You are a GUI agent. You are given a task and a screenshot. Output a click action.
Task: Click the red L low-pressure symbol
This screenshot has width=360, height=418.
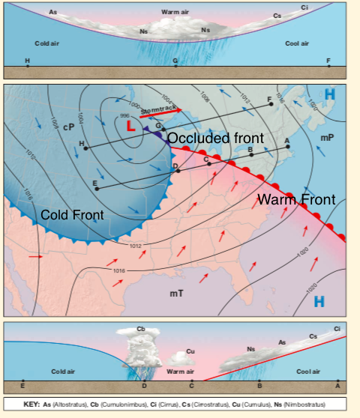pyautogui.click(x=131, y=127)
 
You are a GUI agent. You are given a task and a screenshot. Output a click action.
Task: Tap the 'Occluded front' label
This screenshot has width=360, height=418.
pyautogui.click(x=215, y=139)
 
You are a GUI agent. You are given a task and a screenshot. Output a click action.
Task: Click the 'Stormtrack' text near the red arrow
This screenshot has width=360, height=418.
pyautogui.click(x=157, y=109)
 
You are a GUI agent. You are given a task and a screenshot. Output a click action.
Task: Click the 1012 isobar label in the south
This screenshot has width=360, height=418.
pyautogui.click(x=136, y=246)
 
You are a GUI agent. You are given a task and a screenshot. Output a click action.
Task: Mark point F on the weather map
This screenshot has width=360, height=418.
pyautogui.click(x=269, y=100)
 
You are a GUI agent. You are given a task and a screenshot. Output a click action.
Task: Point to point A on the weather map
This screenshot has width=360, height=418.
pyautogui.click(x=287, y=141)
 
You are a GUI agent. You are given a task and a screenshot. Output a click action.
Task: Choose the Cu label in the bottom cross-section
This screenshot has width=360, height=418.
pyautogui.click(x=190, y=351)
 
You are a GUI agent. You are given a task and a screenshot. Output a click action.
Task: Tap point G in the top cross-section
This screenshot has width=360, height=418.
pyautogui.click(x=175, y=60)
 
